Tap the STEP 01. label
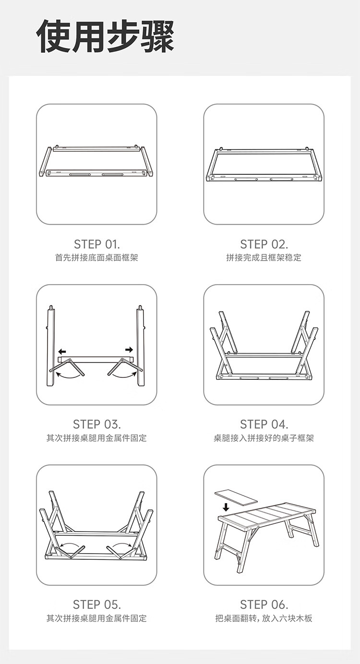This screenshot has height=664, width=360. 97,244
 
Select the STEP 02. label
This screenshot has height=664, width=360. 264,244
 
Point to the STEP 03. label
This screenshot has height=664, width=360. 97,424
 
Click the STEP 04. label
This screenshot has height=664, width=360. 264,424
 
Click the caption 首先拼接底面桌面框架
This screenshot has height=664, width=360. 97,258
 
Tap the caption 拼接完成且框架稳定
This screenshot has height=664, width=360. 264,258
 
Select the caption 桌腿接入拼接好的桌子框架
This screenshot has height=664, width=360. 264,438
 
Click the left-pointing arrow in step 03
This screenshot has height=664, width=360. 62,351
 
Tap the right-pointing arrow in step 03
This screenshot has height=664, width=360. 129,350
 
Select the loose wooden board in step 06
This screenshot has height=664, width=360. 236,497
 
